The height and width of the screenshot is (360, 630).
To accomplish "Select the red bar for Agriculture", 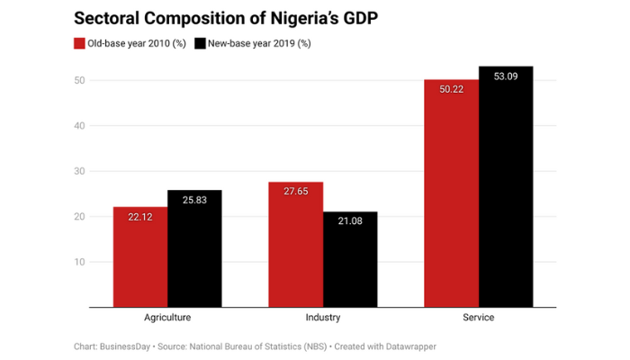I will click(x=139, y=261).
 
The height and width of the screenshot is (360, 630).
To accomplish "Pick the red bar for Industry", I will click(x=295, y=247).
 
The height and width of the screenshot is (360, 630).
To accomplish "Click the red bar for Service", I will click(x=451, y=198).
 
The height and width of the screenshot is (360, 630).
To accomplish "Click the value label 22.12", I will click(x=139, y=217).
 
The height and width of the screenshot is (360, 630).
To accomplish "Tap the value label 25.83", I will click(x=193, y=200).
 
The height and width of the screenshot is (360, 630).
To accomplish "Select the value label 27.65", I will click(x=295, y=192).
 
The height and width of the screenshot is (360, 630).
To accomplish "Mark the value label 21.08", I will click(x=350, y=221).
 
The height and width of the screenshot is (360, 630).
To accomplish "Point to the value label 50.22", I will click(x=451, y=89).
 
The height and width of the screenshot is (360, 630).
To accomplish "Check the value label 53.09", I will click(x=506, y=76).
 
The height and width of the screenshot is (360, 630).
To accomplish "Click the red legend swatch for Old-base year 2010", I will click(x=78, y=43).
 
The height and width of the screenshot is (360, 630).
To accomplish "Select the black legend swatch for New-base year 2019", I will click(x=200, y=43).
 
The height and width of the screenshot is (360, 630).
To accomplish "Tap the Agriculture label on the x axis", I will click(x=167, y=319).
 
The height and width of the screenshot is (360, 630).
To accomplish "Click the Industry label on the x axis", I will click(x=323, y=319).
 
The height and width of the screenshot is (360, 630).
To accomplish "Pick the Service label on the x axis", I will click(x=479, y=319).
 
